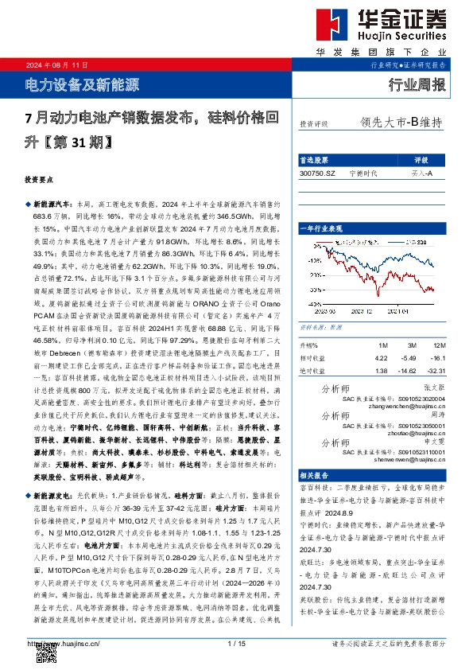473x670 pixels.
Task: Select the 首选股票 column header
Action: [313, 159]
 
